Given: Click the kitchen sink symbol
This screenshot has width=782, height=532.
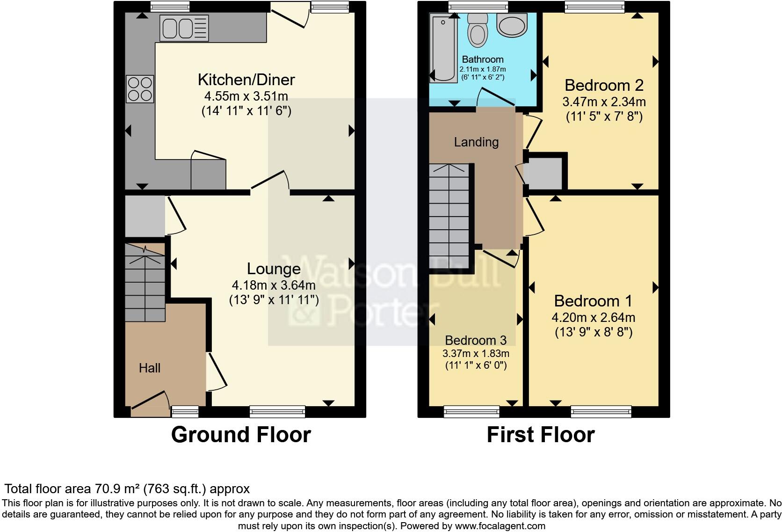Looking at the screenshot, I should tap(184, 28).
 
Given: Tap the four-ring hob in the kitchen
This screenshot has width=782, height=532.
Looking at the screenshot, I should tap(140, 89).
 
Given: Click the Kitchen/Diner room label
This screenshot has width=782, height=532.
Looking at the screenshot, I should tap(246, 80).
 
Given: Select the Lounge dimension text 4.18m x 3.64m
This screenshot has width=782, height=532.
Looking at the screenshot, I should tap(274, 285).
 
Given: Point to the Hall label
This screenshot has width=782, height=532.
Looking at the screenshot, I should tap(150, 368).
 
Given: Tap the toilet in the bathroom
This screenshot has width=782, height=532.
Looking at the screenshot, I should tap(478, 30).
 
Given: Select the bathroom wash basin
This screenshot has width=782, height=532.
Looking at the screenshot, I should tap(512, 24).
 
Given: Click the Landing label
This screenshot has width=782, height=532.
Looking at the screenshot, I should tap(476, 142).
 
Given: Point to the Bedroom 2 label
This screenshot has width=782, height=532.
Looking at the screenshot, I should tap(604, 85).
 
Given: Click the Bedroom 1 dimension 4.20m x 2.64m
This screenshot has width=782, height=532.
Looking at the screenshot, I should tap(593, 318).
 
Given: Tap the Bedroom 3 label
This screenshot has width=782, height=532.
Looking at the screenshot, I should tap(476, 340).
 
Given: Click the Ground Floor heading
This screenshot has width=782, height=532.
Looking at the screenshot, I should tap(241, 435).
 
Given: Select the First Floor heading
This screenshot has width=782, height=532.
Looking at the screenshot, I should tap(540, 435).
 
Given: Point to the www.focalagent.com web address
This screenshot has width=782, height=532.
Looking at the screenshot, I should tap(500, 526).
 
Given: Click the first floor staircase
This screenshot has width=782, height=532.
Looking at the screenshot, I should tap(449, 216).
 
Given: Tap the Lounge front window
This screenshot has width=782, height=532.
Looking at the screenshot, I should tap(277, 412).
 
